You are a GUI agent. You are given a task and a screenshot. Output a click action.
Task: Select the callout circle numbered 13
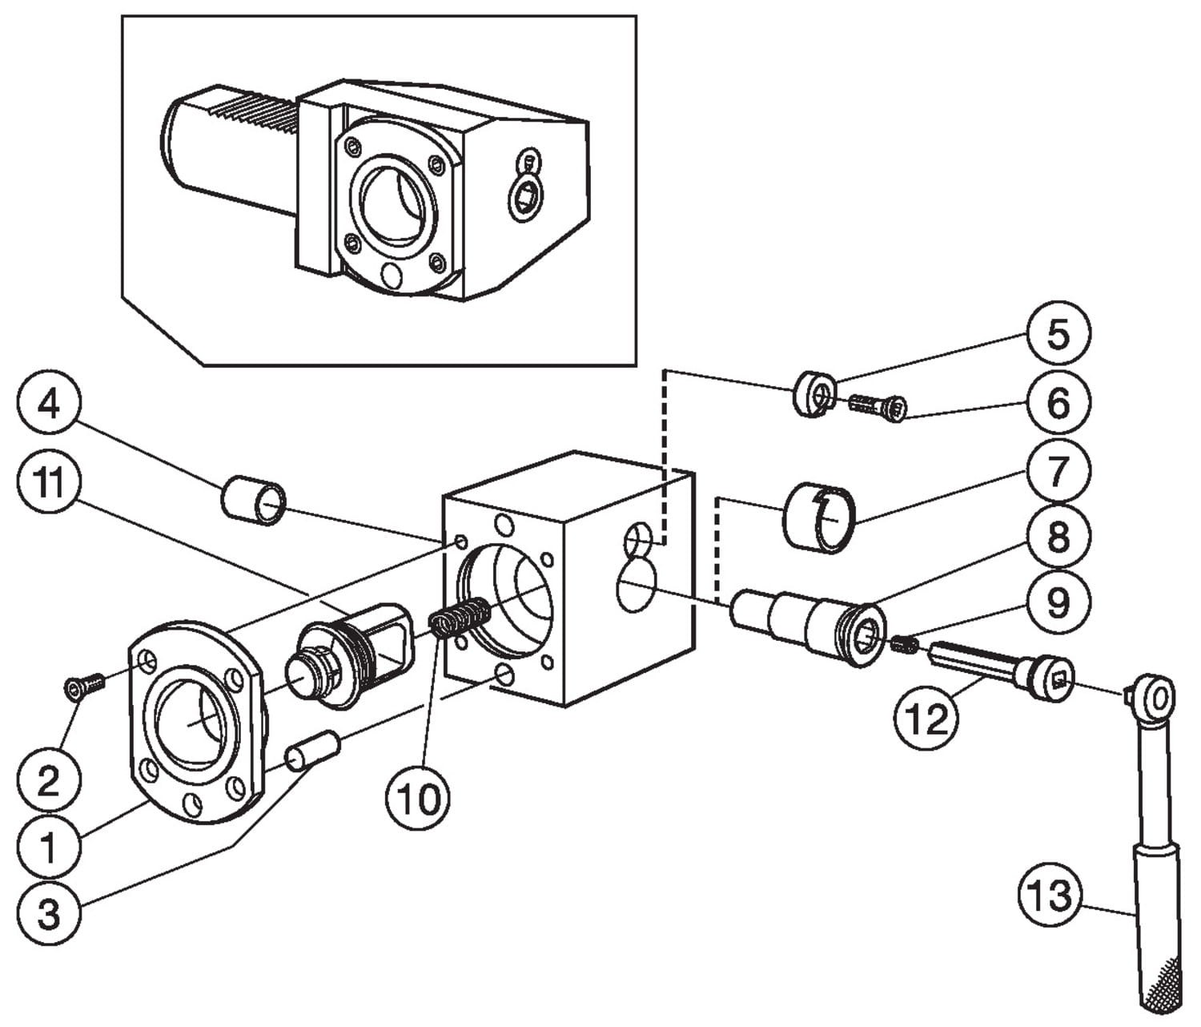click(x=1050, y=894)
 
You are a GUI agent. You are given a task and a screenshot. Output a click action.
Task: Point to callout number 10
click(x=417, y=798)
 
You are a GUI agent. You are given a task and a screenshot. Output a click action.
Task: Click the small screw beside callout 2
click(x=82, y=685)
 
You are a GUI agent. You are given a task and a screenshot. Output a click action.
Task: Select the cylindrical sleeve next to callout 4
click(x=253, y=500)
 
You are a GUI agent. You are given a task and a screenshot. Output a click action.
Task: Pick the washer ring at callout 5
click(x=813, y=393)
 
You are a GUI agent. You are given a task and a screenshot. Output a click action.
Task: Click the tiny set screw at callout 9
click(x=903, y=642)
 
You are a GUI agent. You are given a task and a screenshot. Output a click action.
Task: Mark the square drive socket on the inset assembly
click(x=524, y=196)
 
